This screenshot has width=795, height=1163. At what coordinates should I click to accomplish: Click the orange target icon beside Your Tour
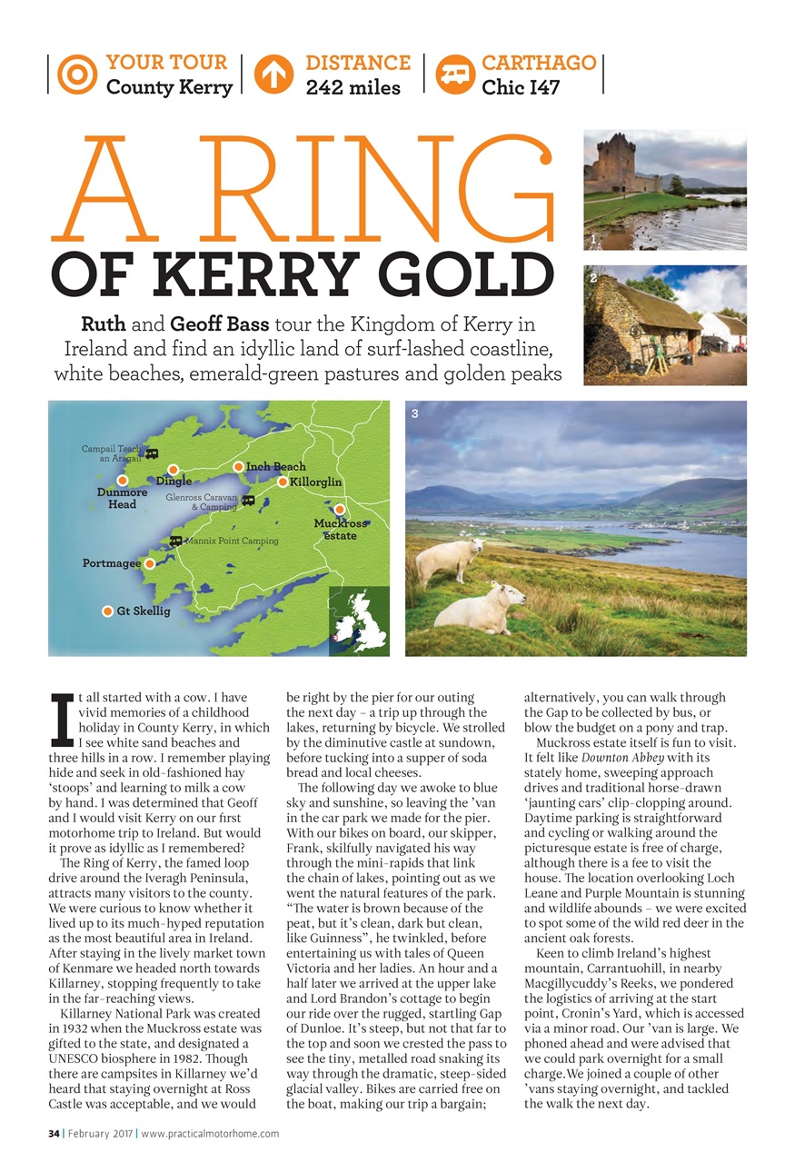[76, 75]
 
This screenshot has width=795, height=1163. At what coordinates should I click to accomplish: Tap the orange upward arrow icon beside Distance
[274, 75]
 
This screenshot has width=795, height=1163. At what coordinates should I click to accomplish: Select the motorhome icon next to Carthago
[453, 75]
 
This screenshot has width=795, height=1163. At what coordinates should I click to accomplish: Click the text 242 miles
[353, 88]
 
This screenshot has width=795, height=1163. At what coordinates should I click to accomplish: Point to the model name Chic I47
[521, 88]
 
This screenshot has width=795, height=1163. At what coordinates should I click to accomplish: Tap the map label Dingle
[174, 482]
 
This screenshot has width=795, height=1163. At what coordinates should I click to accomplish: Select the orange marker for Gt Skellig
[107, 611]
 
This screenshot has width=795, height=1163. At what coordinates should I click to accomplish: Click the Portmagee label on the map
[111, 563]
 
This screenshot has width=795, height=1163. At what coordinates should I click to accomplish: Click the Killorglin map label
[315, 482]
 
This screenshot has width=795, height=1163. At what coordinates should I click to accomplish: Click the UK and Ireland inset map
[359, 621]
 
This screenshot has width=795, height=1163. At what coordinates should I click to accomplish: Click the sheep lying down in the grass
[481, 608]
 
